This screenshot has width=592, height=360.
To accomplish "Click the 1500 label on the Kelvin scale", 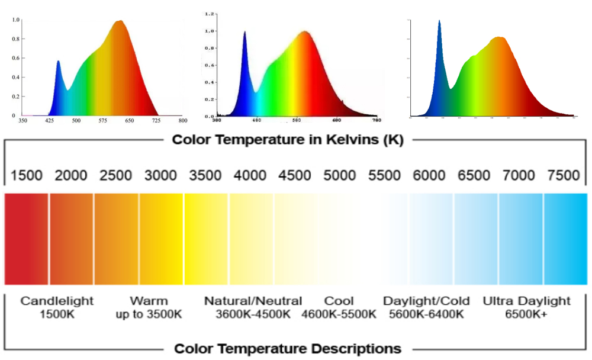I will [27, 175].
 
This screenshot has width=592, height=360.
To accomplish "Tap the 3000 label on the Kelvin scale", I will [161, 175].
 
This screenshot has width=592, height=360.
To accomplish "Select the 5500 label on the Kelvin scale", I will [385, 175].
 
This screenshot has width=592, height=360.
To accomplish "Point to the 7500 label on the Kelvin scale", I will [564, 175].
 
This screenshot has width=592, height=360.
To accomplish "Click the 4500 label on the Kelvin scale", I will [295, 175].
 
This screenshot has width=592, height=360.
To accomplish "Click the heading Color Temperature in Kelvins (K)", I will [288, 140].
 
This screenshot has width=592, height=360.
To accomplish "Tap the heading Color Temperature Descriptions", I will [288, 348].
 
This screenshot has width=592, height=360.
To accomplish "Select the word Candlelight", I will [57, 301].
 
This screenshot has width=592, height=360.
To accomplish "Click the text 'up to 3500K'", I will [149, 314].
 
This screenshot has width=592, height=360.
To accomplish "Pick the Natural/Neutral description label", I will [253, 301].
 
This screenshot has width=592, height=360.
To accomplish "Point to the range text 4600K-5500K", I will [339, 314].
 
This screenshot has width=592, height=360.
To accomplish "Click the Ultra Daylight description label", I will [526, 301].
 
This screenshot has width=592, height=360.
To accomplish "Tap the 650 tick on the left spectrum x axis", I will [130, 121].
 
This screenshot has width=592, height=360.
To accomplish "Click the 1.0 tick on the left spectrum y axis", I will [16, 20].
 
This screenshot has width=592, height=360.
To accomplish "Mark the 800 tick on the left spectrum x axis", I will [183, 121].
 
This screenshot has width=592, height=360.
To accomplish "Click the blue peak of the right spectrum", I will [439, 21].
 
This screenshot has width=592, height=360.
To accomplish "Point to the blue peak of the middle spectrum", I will [244, 33].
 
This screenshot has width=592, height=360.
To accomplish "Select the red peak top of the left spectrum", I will [120, 21].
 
